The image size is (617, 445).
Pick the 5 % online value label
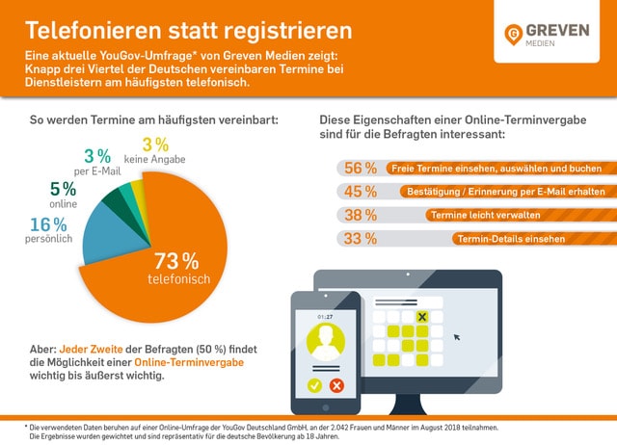[63, 189]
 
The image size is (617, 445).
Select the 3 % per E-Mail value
[96, 156]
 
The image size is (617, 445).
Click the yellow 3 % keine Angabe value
[155, 144]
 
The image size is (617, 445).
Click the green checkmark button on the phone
[313, 385]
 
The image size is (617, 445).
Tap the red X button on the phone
[336, 385]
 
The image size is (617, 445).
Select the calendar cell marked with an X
[421, 317]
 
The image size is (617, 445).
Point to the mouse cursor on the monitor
[457, 338]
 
